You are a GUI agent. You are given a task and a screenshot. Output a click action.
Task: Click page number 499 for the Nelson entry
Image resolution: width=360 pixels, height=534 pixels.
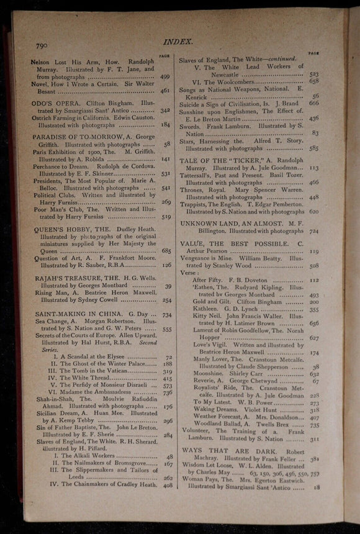(x=165, y=77)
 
